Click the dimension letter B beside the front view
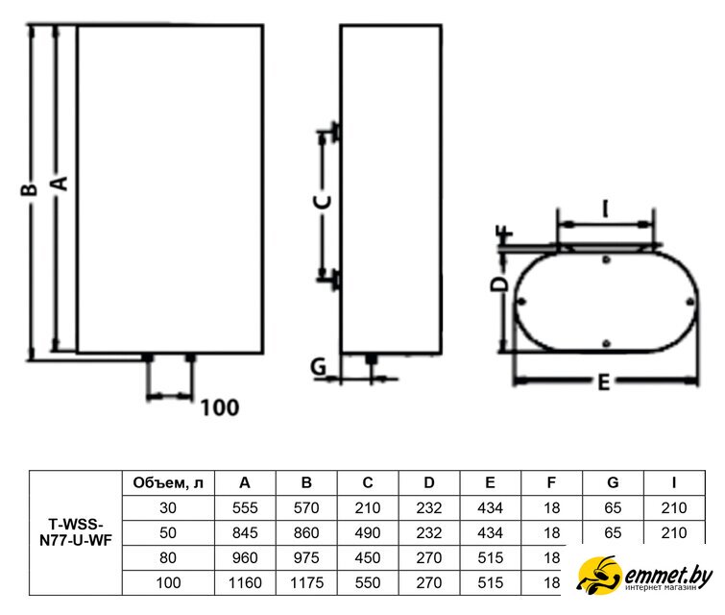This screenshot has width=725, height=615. [29, 189]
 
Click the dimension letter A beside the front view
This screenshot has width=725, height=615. [60, 184]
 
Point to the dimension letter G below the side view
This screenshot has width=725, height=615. [319, 367]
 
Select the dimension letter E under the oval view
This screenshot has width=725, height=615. [603, 383]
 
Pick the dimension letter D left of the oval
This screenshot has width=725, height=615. [498, 284]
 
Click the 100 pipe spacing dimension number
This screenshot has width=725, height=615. [220, 407]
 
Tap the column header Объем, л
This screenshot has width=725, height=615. [168, 483]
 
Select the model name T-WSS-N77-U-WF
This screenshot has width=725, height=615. [76, 532]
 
